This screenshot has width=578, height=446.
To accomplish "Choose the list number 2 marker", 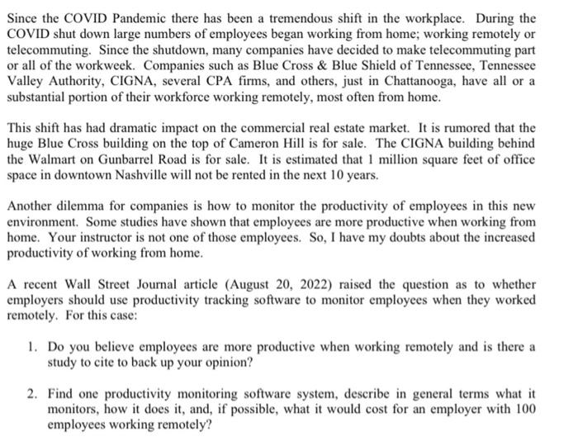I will point(31,395).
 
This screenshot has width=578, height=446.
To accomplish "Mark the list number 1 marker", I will point(31,345).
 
